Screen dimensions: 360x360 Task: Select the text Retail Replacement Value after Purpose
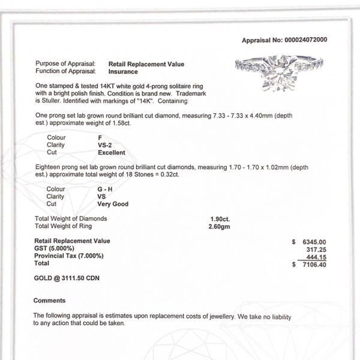tap(146, 63)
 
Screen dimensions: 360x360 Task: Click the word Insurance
tap(124, 71)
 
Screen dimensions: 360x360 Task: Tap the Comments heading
tap(46, 300)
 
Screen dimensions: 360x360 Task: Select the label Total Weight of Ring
tap(65, 226)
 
